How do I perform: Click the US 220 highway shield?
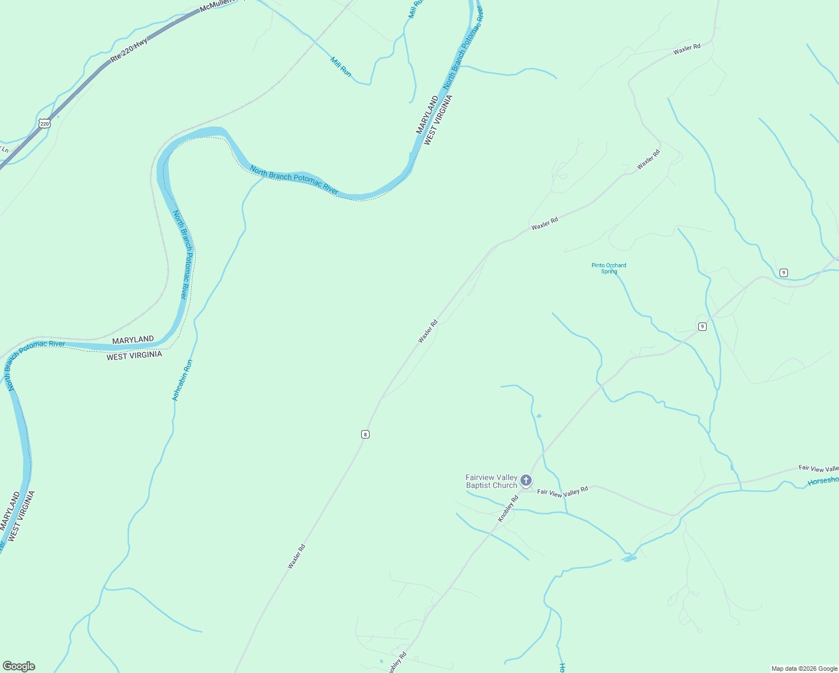point(45,123)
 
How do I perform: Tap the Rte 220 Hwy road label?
point(129,49)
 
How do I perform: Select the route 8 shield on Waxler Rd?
point(365,434)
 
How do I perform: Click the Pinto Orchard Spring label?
point(608,268)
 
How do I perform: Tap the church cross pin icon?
point(525,480)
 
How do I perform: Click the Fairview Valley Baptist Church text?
point(491,481)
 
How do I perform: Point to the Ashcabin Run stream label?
point(182,380)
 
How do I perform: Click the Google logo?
point(19,666)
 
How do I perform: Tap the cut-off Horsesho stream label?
point(823,481)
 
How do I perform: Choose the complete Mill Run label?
point(340,67)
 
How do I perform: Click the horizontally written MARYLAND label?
point(133,340)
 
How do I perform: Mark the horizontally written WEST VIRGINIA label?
point(134,356)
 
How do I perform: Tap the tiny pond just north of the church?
point(539,416)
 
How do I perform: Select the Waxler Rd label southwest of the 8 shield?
point(296,556)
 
